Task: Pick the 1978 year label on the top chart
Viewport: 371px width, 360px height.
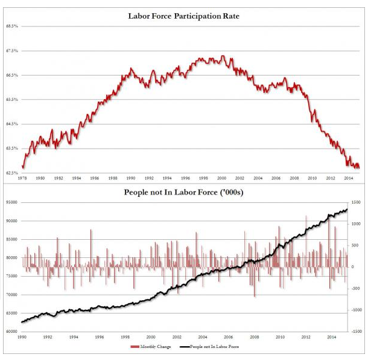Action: click(x=22, y=179)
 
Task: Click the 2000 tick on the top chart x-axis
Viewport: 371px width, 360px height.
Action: click(x=222, y=179)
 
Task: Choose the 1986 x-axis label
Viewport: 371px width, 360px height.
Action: click(x=95, y=179)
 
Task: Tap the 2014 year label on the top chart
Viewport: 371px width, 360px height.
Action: click(x=349, y=179)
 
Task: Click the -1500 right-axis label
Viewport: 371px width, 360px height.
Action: click(x=356, y=332)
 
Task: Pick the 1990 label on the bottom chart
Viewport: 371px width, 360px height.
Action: click(x=22, y=338)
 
